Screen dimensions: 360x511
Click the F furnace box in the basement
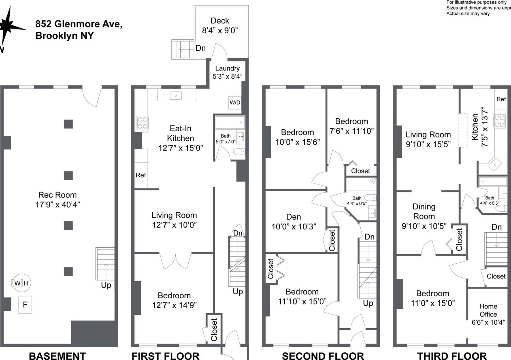click(25, 305)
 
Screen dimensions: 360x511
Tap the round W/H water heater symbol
click(21, 283)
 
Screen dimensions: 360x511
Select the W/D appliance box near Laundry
click(235, 102)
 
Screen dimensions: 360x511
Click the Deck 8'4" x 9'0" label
click(220, 25)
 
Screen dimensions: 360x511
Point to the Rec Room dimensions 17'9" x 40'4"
click(58, 205)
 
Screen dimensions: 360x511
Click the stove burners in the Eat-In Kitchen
click(142, 123)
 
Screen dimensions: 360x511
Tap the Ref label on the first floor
click(141, 175)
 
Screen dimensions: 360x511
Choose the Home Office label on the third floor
click(488, 310)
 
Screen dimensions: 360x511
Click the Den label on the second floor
click(293, 217)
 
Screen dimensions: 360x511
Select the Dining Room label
click(424, 211)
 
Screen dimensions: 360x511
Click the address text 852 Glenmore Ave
click(79, 24)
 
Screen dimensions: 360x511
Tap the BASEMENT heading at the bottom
click(57, 355)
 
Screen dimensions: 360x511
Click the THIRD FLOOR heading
click(452, 355)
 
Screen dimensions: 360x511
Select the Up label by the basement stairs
click(106, 285)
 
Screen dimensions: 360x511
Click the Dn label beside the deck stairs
click(201, 48)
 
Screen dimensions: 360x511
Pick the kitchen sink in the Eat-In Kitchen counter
click(176, 96)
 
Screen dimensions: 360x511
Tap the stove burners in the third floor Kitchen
click(500, 121)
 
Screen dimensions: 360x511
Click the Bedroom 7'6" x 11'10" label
click(352, 126)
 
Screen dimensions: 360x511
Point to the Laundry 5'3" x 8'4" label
click(227, 72)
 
